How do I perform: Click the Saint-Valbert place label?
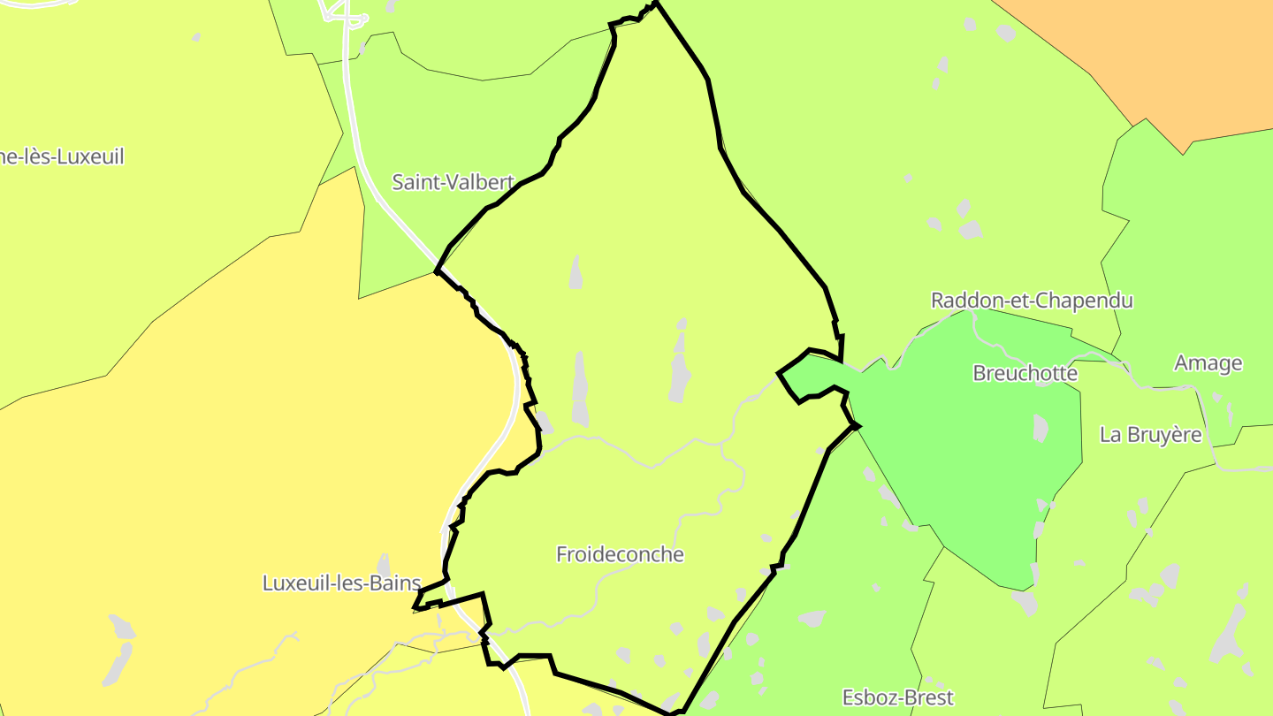453,182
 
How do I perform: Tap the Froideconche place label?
620,554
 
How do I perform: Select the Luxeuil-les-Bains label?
341,583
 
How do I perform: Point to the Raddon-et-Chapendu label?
1032,301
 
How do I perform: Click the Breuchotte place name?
1025,373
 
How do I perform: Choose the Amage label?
1208,362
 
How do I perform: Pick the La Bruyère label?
1150,434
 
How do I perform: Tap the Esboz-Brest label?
897,697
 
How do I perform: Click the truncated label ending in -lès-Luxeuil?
62,157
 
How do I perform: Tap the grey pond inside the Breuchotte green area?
1041,428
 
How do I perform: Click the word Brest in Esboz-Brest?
927,697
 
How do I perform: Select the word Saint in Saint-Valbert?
415,182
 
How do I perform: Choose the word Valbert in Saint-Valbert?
481,182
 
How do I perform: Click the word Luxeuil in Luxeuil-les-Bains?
293,583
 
